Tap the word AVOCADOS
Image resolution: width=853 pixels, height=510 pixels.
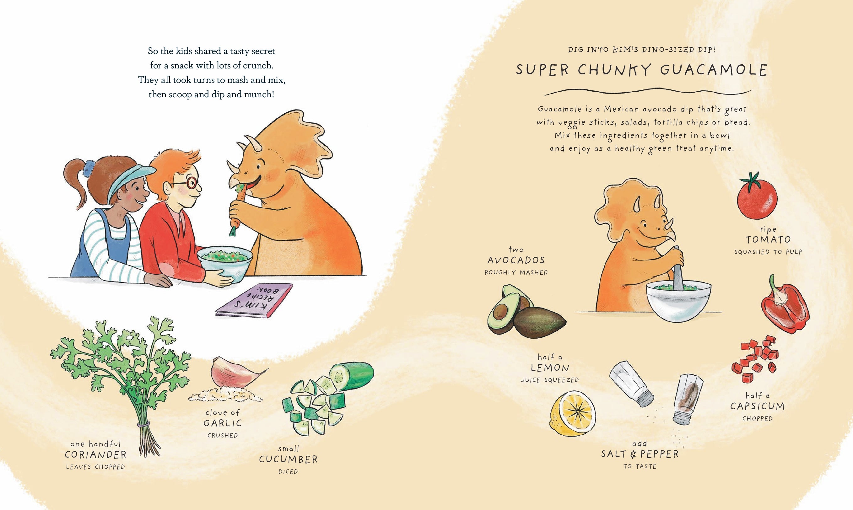pos(516,260)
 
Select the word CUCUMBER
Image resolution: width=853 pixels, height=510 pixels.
pos(288,459)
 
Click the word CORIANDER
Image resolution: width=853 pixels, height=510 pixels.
pos(95,455)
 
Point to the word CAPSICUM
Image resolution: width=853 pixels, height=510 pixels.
pos(758,406)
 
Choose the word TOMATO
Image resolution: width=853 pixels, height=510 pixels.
pos(768,239)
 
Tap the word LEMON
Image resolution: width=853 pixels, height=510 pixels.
pos(550,368)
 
